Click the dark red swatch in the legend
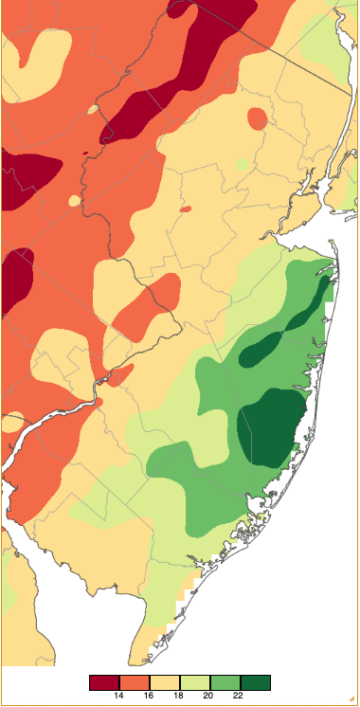pos(104,682)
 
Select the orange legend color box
pos(135,682)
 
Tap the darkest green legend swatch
pos(255,682)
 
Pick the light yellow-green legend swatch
pos(194,682)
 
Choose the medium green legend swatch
pos(225,682)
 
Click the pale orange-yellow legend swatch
pos(165,682)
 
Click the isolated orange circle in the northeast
pos(257,118)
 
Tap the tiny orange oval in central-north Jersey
pos(186,208)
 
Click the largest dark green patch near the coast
pos(265,432)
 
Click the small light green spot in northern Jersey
pos(243,164)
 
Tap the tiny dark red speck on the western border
pos(86,152)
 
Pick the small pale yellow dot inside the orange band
pos(93,109)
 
